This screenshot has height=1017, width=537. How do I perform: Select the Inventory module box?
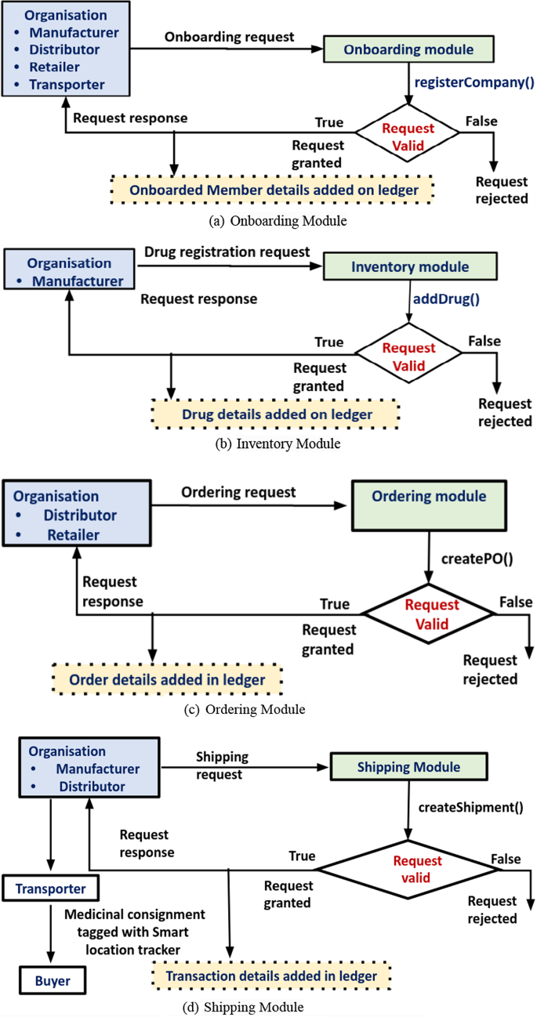[x=410, y=266]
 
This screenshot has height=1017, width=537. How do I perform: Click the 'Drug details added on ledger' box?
[x=277, y=414]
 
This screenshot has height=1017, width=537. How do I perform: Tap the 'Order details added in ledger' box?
[x=168, y=679]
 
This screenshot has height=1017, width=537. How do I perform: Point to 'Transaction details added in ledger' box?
[x=270, y=975]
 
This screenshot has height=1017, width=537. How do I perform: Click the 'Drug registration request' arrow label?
[x=227, y=252]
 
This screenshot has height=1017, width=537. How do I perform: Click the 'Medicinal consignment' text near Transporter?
[x=135, y=914]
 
